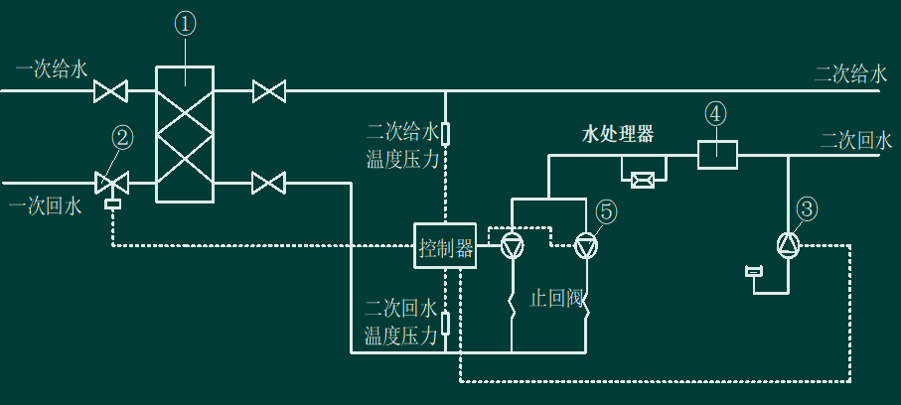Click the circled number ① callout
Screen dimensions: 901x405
pyautogui.click(x=185, y=24)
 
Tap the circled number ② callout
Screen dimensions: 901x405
pyautogui.click(x=122, y=138)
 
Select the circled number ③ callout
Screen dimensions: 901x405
pyautogui.click(x=807, y=209)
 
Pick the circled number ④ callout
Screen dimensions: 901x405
pyautogui.click(x=715, y=114)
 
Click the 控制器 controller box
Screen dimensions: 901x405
pyautogui.click(x=445, y=246)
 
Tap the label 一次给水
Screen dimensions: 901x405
pyautogui.click(x=52, y=70)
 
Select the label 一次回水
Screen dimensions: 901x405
pyautogui.click(x=46, y=206)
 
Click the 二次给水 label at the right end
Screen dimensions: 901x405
pyautogui.click(x=850, y=74)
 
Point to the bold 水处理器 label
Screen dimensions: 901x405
pyautogui.click(x=618, y=135)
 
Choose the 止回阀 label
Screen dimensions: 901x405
pyautogui.click(x=556, y=299)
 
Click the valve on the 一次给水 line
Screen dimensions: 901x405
pyautogui.click(x=110, y=90)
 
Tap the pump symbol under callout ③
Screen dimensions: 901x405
pyautogui.click(x=788, y=246)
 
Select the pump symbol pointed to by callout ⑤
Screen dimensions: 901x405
pyautogui.click(x=586, y=246)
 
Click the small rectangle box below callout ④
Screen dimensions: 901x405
pyautogui.click(x=717, y=155)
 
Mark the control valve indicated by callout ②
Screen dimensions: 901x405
pyautogui.click(x=111, y=185)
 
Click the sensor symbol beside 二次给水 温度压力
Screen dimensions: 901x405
pyautogui.click(x=445, y=134)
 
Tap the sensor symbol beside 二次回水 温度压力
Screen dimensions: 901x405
pyautogui.click(x=445, y=324)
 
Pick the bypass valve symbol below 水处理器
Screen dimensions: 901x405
pyautogui.click(x=643, y=181)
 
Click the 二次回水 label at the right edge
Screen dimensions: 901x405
pyautogui.click(x=856, y=141)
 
